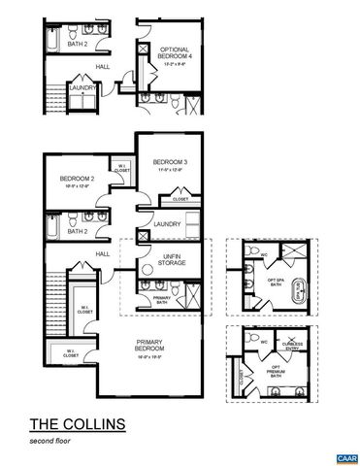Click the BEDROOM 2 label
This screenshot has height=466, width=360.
[x=75, y=179]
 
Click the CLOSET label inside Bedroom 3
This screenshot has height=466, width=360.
[x=180, y=199]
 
